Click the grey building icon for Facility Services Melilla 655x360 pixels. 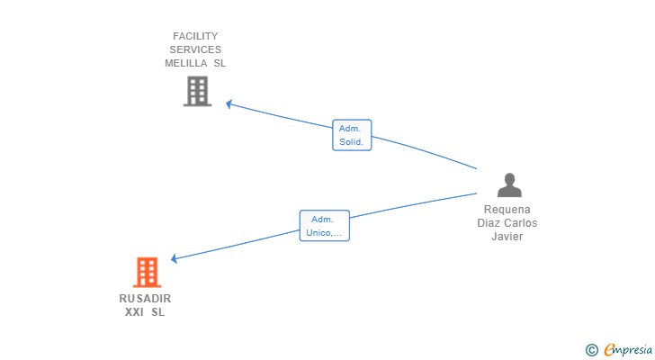click(x=197, y=91)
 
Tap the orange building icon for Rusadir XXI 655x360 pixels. click(x=147, y=272)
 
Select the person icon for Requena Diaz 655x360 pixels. click(x=509, y=185)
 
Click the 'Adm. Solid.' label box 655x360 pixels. click(x=351, y=135)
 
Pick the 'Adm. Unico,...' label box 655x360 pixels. click(x=324, y=225)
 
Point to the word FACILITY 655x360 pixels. click(x=196, y=36)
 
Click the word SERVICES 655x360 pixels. click(x=196, y=49)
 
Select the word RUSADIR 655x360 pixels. click(x=145, y=298)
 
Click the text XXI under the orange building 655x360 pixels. click(x=135, y=312)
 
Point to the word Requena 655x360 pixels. click(x=507, y=209)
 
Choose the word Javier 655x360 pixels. click(x=507, y=237)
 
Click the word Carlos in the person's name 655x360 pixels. click(x=520, y=222)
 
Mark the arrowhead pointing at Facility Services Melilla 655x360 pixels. click(x=229, y=103)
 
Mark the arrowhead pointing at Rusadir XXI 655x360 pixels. click(x=174, y=259)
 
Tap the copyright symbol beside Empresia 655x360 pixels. click(x=591, y=350)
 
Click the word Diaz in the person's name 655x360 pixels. click(x=489, y=222)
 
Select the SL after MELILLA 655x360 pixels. click(x=220, y=63)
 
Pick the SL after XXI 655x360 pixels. click(x=158, y=312)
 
